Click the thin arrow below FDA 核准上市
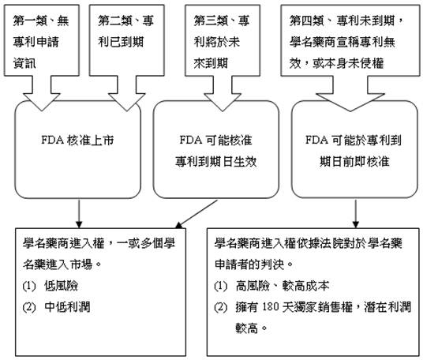coord(79,214)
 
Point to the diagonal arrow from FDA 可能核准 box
coord(197,214)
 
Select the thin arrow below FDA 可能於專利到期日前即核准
coord(356,214)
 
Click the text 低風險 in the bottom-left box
coord(62,286)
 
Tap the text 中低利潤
coord(67,307)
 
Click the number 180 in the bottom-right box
coord(271,307)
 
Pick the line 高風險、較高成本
coord(283,286)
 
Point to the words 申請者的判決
coord(250,264)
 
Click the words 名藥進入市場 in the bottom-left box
coord(58,264)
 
